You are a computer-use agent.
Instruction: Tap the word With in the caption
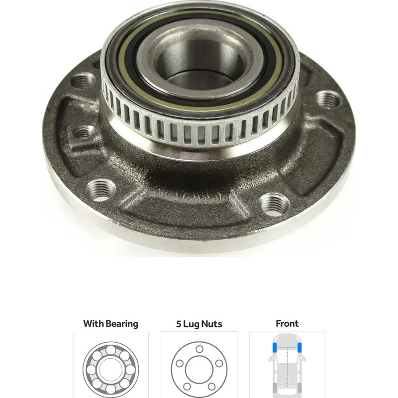coord(94,324)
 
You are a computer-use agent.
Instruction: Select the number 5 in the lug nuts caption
coord(179,324)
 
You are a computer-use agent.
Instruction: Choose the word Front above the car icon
coord(287,323)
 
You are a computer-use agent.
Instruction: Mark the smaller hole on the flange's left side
coord(85,131)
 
